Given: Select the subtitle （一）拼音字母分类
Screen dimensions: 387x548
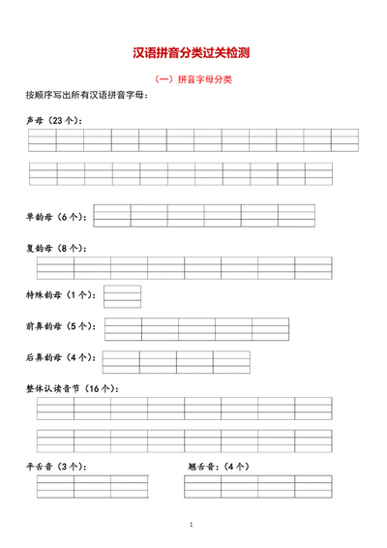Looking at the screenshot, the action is click(x=193, y=79).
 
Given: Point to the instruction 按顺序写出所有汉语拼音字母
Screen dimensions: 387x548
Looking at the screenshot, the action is click(x=86, y=97).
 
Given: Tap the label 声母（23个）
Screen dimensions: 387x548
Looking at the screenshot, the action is click(x=54, y=120).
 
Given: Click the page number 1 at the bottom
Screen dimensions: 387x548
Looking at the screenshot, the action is click(x=193, y=525).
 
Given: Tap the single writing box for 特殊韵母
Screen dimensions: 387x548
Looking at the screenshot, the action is click(x=122, y=296).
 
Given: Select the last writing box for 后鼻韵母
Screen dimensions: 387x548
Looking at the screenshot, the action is click(x=231, y=361).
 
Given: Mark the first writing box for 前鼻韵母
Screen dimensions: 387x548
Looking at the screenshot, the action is click(x=122, y=328).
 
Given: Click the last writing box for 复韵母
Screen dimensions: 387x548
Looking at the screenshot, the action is click(x=313, y=267).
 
